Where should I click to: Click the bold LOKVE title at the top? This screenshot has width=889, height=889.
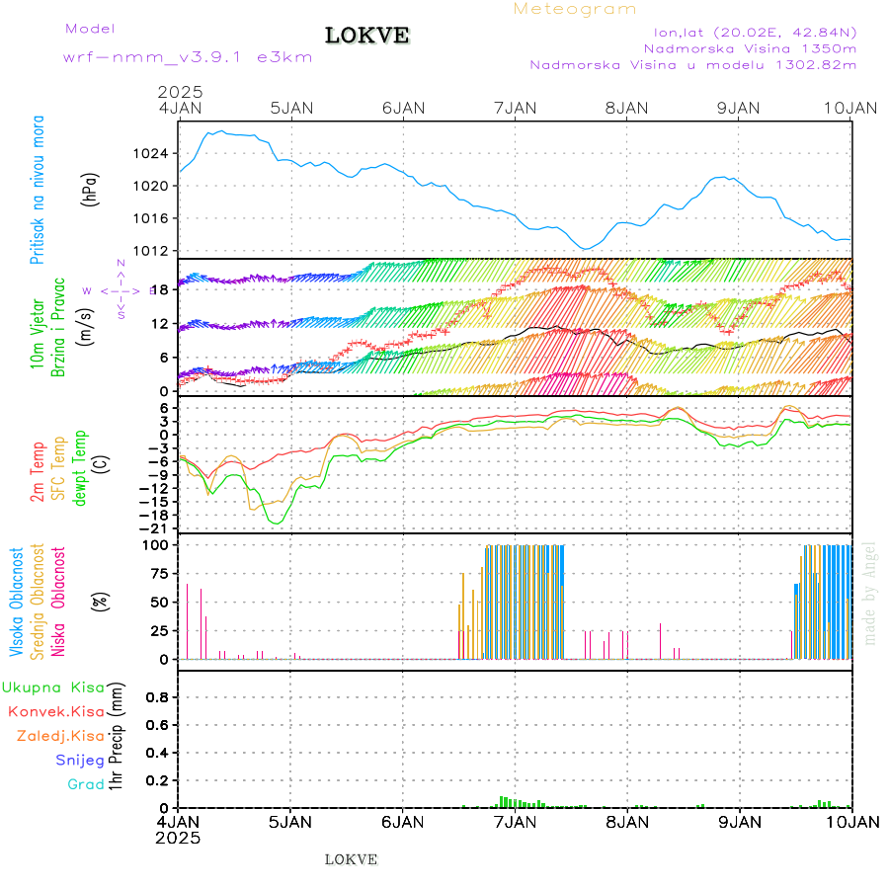pos(367,36)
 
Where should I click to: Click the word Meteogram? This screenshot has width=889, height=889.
pos(575,9)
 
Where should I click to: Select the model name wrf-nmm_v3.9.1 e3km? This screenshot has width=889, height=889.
pos(188,56)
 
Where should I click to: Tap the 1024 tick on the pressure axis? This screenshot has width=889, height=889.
pos(154,154)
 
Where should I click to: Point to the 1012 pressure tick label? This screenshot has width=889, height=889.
pos(154,250)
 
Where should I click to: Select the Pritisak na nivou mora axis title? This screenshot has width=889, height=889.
pos(38,191)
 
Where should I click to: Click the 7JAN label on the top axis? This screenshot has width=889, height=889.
pos(515,109)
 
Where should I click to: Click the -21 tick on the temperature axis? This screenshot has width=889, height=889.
pos(159,528)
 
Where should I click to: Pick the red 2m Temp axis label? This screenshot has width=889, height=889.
pos(38,471)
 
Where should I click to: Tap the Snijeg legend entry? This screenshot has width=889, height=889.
pos(82,760)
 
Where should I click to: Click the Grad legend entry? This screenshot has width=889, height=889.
pos(86,784)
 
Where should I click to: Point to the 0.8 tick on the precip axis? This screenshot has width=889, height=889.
pos(157,697)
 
